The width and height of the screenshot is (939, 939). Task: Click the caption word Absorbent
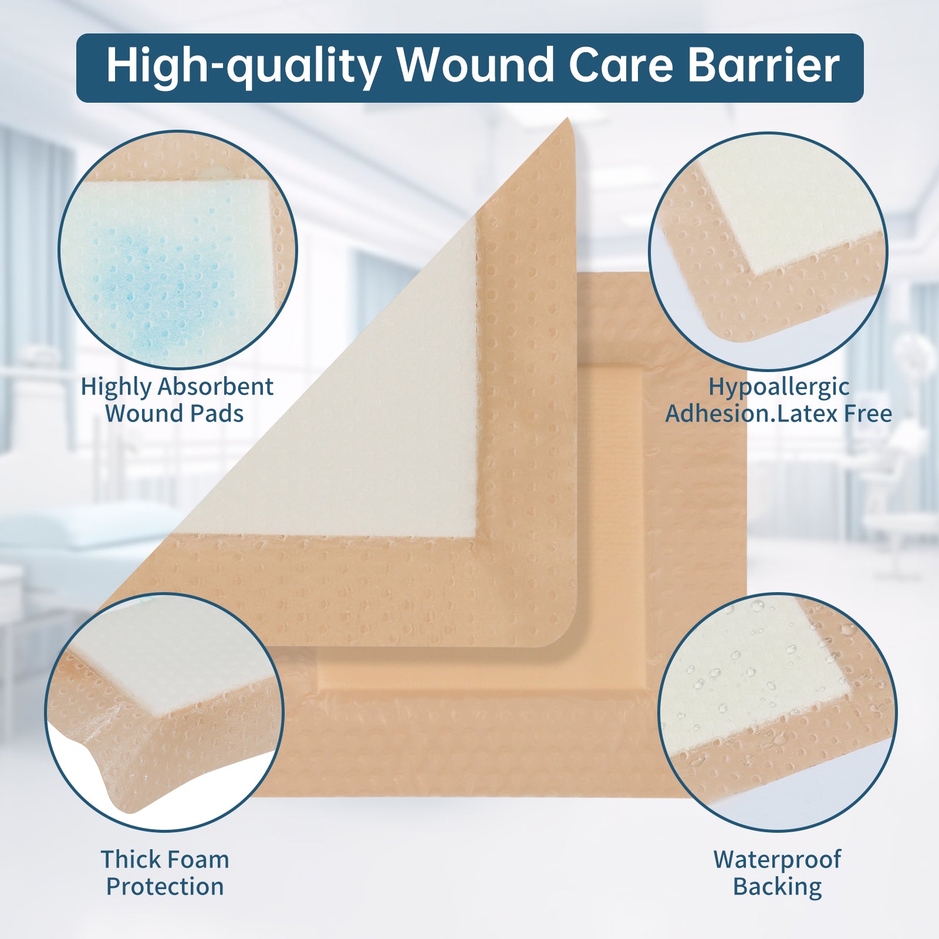(215, 387)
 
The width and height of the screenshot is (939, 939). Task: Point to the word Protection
(165, 887)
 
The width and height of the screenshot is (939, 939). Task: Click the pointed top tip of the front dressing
(568, 119)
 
